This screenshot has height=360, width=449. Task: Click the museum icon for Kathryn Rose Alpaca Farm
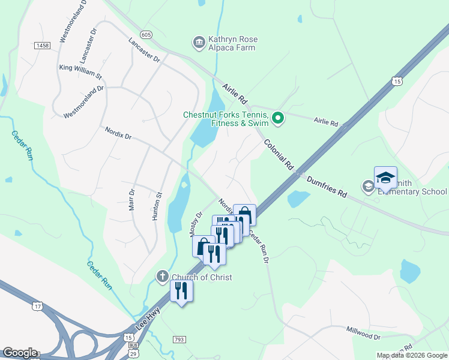(x=199, y=43)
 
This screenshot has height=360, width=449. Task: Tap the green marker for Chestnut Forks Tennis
(x=277, y=118)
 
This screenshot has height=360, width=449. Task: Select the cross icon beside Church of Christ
(x=162, y=277)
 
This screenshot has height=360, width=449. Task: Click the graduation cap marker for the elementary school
(x=385, y=177)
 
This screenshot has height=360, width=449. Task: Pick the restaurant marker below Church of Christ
(x=181, y=291)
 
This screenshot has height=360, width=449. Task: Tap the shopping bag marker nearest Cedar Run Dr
(x=245, y=215)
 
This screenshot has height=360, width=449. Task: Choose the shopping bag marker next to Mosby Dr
(x=203, y=245)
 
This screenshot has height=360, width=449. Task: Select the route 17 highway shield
(x=37, y=306)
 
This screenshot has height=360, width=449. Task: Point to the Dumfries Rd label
(x=327, y=187)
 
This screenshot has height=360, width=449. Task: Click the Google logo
(x=20, y=353)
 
